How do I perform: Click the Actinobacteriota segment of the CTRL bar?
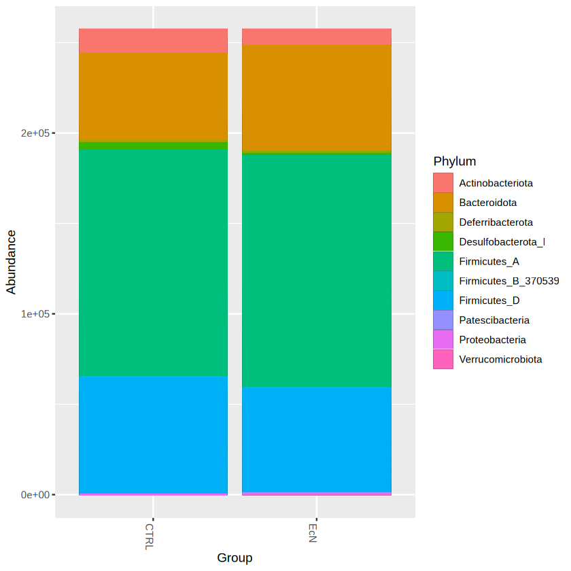(153, 41)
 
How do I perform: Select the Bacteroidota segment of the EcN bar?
(316, 97)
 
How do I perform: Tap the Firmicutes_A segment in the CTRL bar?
(153, 262)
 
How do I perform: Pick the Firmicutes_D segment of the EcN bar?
(316, 439)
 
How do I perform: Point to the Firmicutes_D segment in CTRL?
(153, 434)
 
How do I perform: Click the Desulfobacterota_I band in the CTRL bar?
(153, 145)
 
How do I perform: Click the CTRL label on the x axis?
(149, 536)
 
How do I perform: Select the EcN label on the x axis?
(312, 532)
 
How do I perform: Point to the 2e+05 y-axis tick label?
(36, 133)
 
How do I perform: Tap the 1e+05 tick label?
(36, 314)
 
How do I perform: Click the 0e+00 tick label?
(36, 495)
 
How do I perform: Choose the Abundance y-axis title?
(12, 262)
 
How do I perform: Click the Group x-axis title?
(235, 558)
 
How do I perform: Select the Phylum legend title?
(454, 162)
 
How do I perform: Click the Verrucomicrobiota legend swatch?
(443, 360)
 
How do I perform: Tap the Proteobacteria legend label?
(492, 340)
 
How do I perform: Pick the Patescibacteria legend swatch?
(443, 320)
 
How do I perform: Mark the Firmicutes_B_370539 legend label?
(508, 281)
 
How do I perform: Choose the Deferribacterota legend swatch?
(443, 222)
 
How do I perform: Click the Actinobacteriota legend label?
(496, 183)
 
